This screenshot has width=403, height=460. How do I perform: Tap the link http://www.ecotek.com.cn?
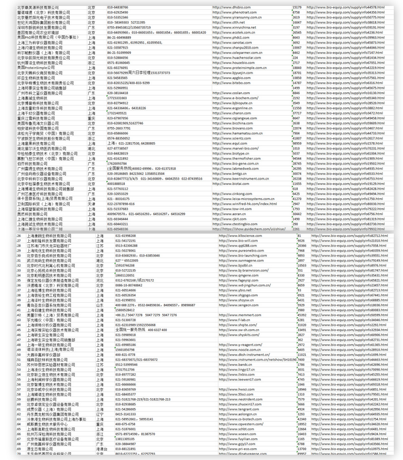pyautogui.click(x=231, y=32)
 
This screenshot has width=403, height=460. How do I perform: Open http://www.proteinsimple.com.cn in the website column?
pyautogui.click(x=237, y=68)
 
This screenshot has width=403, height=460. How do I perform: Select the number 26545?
pyautogui.click(x=297, y=32)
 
